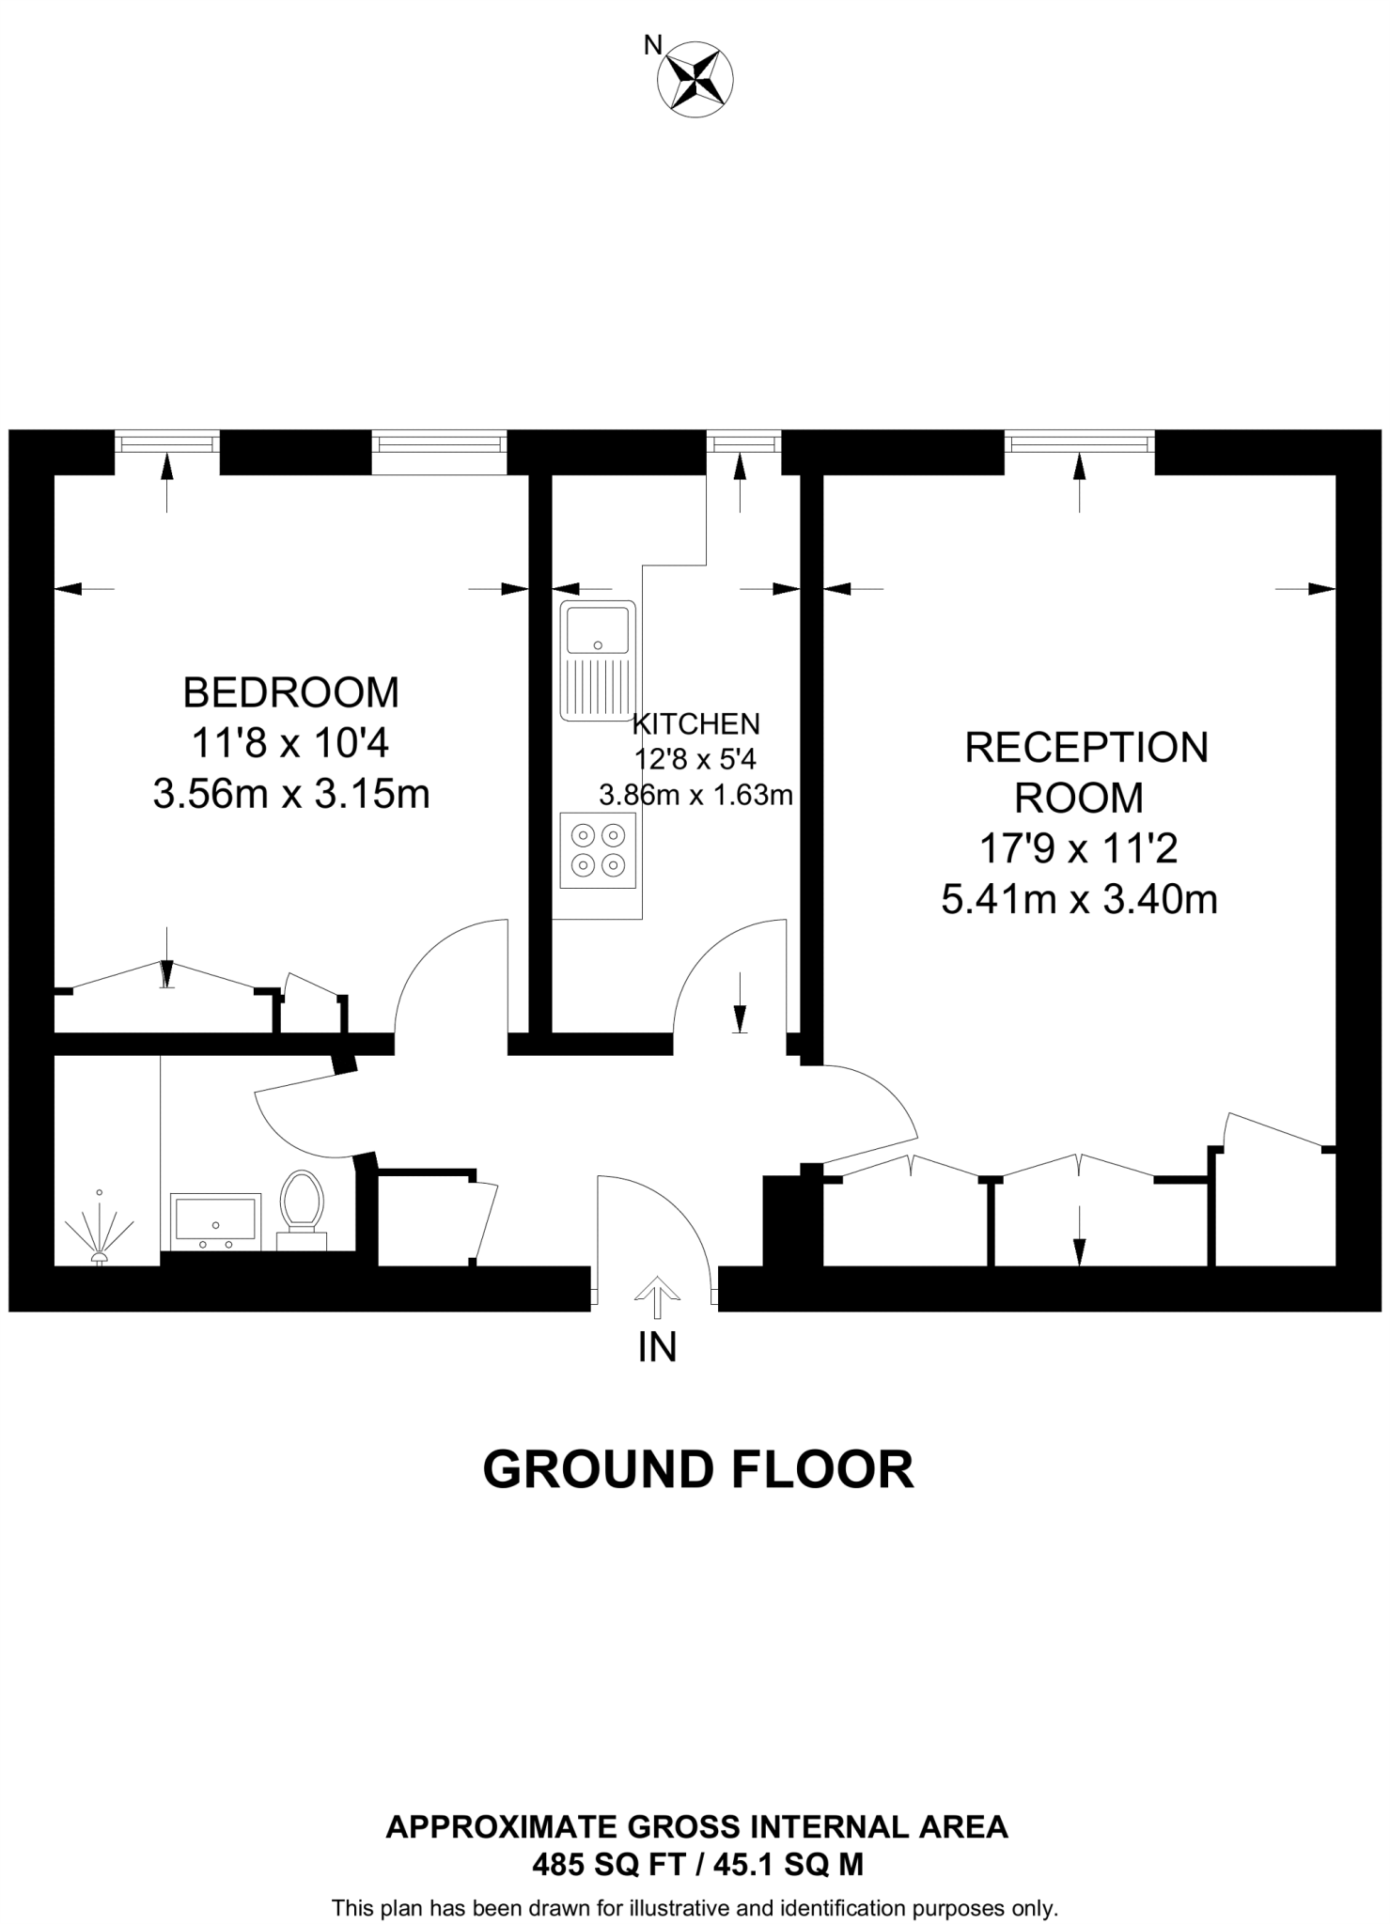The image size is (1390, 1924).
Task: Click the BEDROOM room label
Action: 290,692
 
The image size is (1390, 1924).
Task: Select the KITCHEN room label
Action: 695,723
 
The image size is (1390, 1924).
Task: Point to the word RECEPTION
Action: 1086,748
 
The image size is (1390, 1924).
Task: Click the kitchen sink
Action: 598,659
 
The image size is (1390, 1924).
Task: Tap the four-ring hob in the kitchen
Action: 598,849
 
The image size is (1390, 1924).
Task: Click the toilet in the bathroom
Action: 302,1209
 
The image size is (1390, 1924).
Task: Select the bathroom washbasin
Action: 215,1221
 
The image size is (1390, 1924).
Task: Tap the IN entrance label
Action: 657,1348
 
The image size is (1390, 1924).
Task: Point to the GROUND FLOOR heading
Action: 697,1470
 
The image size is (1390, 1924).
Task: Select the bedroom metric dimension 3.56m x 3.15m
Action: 290,795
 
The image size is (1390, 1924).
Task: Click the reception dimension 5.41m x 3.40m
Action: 1079,900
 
